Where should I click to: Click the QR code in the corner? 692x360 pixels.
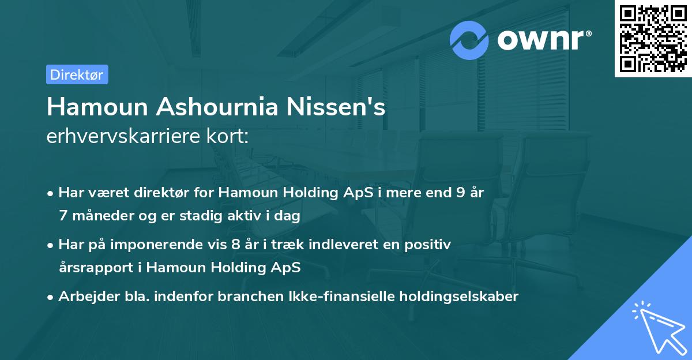(x=653, y=39)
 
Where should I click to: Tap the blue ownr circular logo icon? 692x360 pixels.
(x=469, y=40)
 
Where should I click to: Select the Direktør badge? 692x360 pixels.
(x=77, y=74)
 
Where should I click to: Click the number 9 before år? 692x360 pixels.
(x=461, y=193)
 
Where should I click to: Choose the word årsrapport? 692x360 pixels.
(x=96, y=268)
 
